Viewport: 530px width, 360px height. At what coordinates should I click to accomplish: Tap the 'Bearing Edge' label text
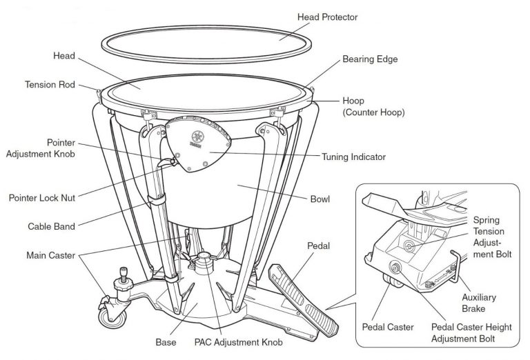point(370,59)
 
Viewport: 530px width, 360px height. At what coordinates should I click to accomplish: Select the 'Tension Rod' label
point(50,85)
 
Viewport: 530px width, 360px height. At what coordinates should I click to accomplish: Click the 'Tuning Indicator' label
point(353,157)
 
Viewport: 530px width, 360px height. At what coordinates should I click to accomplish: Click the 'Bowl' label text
point(320,199)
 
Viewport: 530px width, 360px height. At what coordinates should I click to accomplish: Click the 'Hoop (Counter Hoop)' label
point(373,106)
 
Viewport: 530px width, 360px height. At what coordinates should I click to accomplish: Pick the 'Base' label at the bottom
point(166,341)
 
